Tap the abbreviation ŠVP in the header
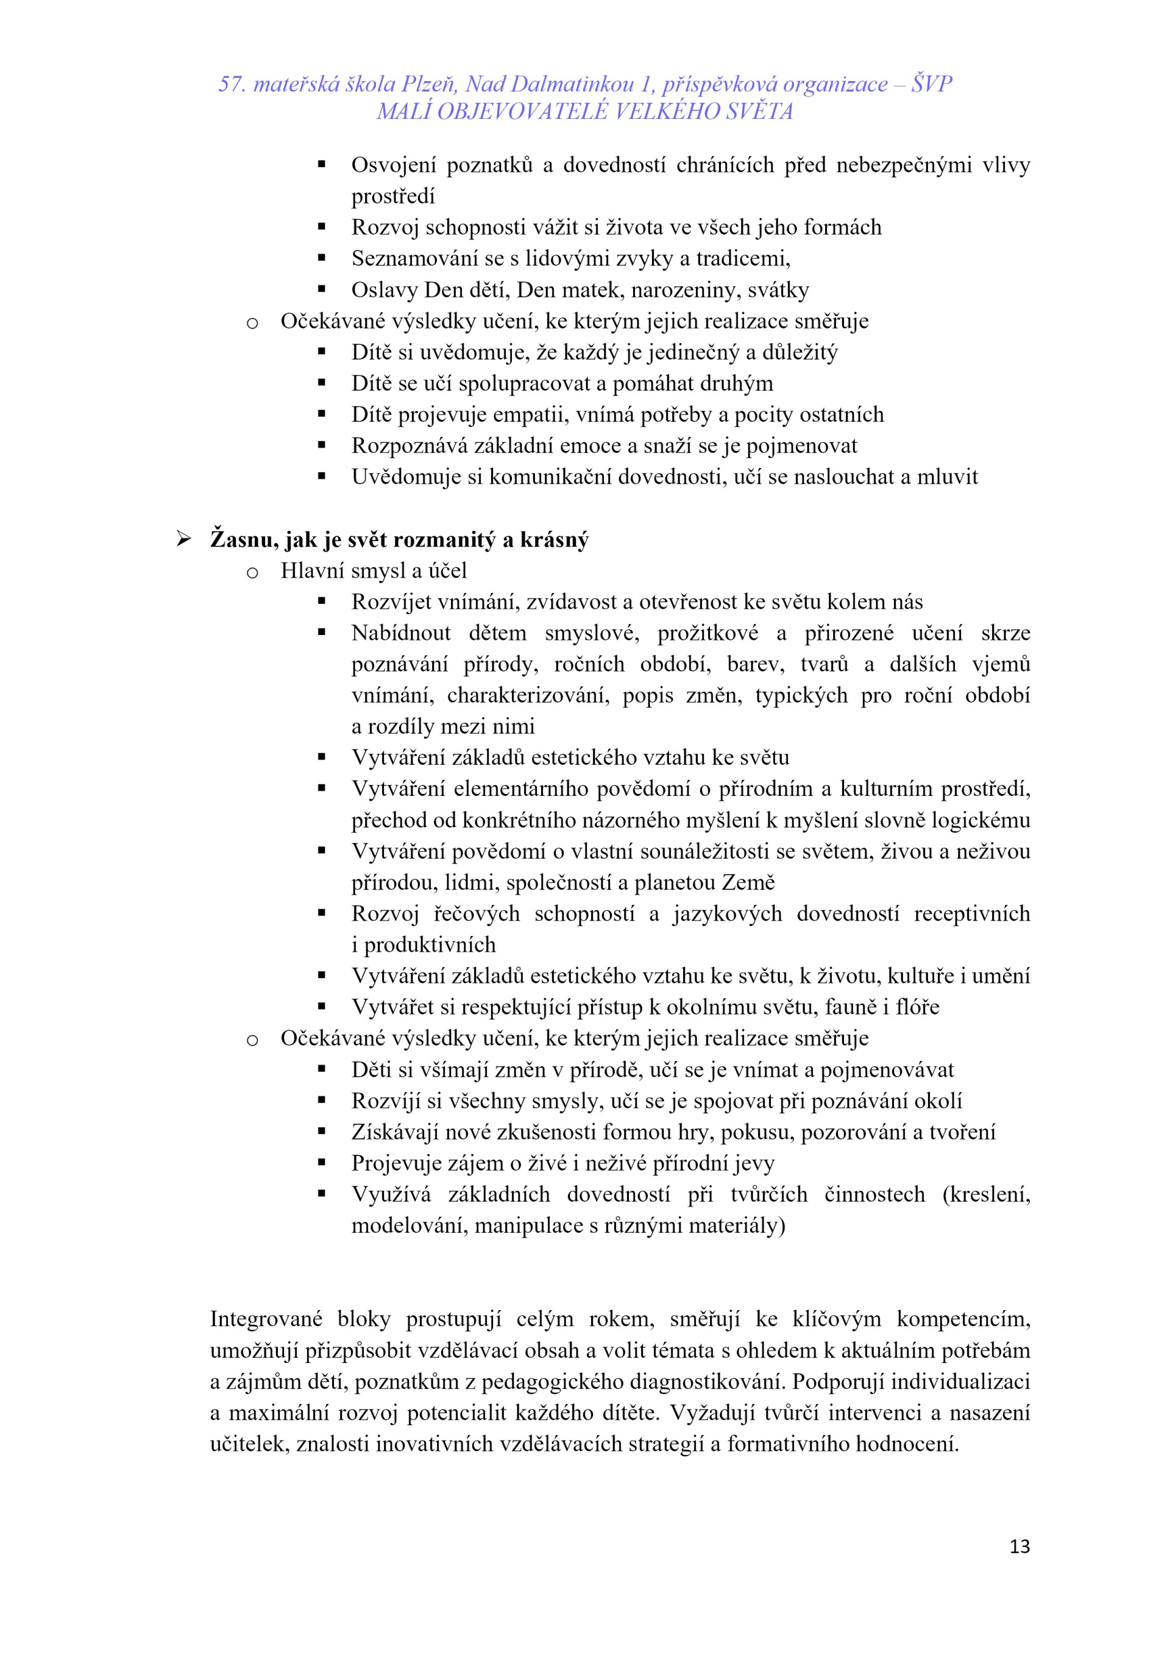(x=931, y=84)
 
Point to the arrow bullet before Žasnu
(x=183, y=539)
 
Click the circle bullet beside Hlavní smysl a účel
(x=252, y=573)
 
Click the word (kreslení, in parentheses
(x=985, y=1194)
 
